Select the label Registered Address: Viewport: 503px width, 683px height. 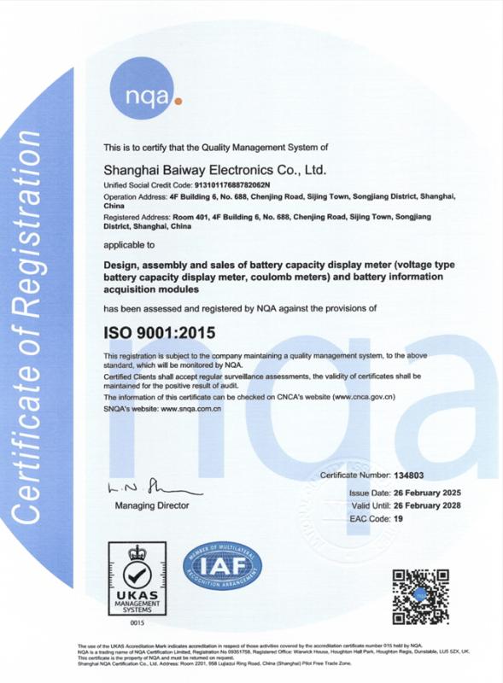(137, 218)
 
